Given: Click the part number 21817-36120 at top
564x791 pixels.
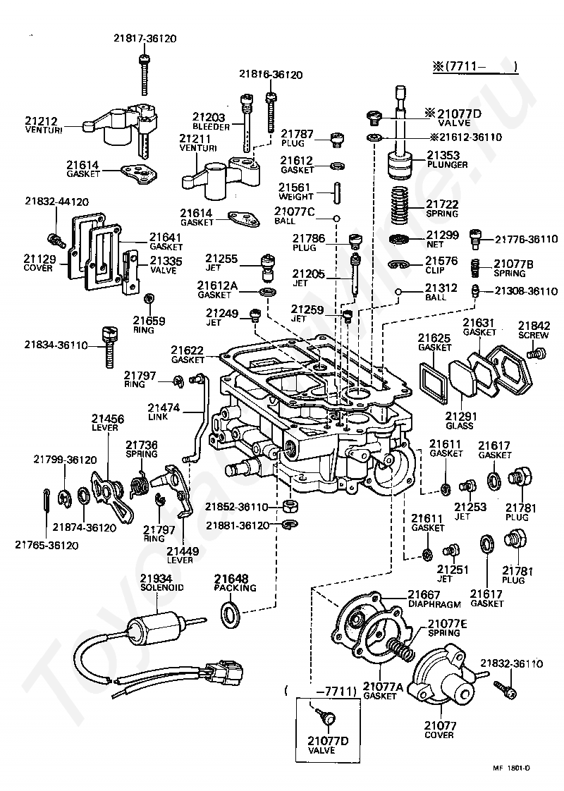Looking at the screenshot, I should pyautogui.click(x=145, y=39).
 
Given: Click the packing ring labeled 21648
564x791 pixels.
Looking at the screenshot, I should pyautogui.click(x=230, y=614).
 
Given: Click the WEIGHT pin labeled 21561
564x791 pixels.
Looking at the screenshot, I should pyautogui.click(x=338, y=192).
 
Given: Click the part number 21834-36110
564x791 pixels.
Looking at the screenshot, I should pyautogui.click(x=56, y=345).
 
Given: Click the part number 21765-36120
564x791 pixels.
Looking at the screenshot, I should pyautogui.click(x=45, y=544).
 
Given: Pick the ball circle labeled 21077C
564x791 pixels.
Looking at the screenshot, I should pyautogui.click(x=338, y=218).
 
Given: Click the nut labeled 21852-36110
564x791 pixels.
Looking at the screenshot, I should pyautogui.click(x=288, y=506).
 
